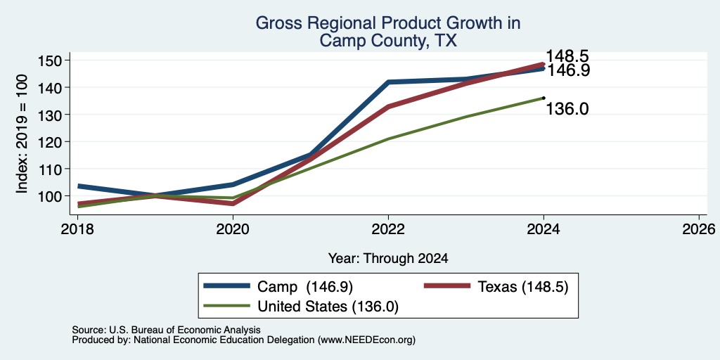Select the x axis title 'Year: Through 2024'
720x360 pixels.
coord(388,259)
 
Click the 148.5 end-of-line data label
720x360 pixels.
coord(567,56)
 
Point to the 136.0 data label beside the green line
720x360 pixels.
coord(567,109)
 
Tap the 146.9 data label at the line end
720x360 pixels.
coord(567,70)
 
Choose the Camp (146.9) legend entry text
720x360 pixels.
coord(305,287)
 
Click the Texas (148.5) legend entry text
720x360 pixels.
coord(523,287)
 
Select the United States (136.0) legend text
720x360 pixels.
coord(328,307)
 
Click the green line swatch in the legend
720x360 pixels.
coord(227,307)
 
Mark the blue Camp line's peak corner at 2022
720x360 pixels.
coord(388,82)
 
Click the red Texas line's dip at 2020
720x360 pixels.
coord(233,203)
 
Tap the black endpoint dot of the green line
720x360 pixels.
coord(544,98)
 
